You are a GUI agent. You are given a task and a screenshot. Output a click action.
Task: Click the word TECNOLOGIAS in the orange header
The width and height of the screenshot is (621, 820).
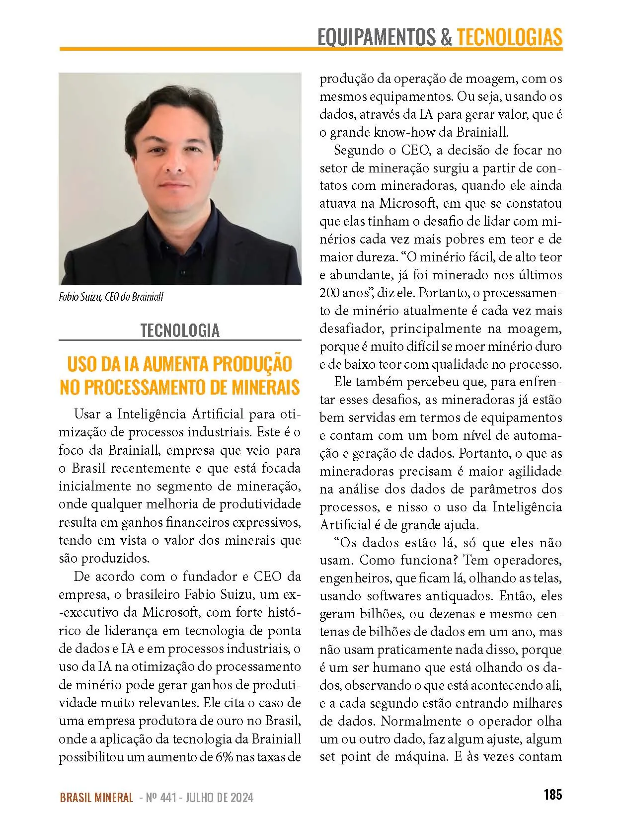[x=509, y=37]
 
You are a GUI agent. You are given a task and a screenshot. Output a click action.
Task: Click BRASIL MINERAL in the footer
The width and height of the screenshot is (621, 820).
[x=96, y=798]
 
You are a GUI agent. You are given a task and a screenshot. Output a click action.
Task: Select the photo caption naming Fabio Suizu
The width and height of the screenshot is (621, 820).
[x=111, y=297]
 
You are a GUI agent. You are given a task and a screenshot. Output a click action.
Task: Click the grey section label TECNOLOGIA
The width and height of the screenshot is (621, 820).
[x=180, y=330]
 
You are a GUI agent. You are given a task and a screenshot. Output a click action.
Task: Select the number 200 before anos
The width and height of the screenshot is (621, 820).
[x=329, y=293]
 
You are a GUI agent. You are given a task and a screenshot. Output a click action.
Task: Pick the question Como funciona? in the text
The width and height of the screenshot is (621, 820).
[x=409, y=561]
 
